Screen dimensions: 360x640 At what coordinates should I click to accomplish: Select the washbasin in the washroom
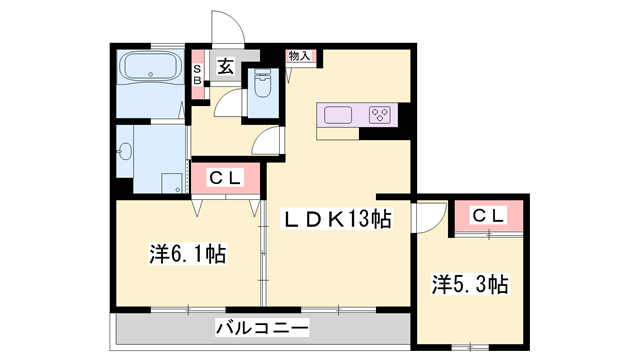tap(125, 153)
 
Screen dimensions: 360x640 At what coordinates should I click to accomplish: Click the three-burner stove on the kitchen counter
tap(381, 113)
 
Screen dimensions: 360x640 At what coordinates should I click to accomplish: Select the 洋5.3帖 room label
tap(469, 284)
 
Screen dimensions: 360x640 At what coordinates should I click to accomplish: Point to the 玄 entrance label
tap(226, 67)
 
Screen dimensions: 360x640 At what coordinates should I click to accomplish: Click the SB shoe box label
tap(197, 75)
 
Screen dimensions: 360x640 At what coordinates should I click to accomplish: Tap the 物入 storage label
tap(299, 56)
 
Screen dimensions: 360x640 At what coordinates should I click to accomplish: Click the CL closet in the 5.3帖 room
tap(489, 215)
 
